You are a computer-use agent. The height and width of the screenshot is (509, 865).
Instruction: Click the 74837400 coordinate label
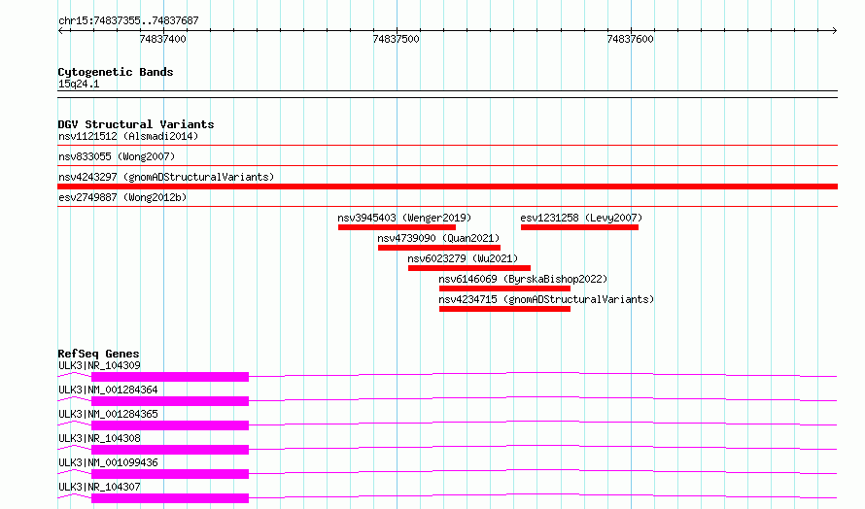click(x=162, y=39)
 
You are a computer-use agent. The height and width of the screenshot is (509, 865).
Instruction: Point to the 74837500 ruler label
click(x=397, y=39)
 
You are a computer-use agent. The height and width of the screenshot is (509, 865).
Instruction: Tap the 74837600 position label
click(x=630, y=39)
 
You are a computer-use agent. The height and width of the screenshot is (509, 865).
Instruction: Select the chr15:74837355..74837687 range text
click(x=128, y=20)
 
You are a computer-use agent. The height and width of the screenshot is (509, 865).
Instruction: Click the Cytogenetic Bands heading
click(x=116, y=72)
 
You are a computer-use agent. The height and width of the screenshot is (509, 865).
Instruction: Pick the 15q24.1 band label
click(x=79, y=84)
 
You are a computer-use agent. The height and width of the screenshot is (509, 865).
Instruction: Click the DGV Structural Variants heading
click(x=136, y=124)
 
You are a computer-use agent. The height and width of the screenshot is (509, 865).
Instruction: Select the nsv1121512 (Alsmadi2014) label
click(x=128, y=136)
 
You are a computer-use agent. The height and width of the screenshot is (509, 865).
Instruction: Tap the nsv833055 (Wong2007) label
click(x=117, y=156)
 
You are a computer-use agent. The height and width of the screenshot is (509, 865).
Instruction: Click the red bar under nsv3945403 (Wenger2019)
click(x=398, y=227)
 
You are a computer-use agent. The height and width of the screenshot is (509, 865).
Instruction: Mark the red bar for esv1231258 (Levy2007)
click(x=580, y=227)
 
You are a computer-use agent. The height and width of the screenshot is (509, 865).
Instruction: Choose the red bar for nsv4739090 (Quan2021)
click(x=439, y=248)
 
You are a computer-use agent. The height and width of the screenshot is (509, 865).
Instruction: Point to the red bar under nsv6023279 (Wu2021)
click(x=469, y=268)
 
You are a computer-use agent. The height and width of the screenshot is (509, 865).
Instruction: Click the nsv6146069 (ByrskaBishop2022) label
click(x=523, y=279)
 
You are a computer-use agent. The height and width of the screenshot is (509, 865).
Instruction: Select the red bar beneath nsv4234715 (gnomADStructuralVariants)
click(x=504, y=309)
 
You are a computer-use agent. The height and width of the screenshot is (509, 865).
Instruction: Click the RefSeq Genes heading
click(x=98, y=354)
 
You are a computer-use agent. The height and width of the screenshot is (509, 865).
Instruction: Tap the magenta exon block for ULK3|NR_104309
click(x=170, y=377)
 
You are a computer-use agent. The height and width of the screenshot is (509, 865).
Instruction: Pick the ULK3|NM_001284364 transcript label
click(x=108, y=390)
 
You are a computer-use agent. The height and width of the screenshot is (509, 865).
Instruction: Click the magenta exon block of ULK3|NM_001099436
click(x=170, y=474)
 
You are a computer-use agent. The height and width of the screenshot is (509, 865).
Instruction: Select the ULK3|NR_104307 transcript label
click(x=99, y=487)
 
